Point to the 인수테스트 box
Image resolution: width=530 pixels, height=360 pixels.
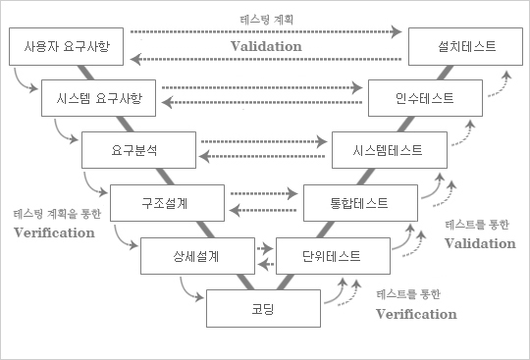(x=425, y=98)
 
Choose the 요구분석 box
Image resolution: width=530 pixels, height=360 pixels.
(x=134, y=151)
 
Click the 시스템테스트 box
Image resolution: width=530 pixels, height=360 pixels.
(x=391, y=151)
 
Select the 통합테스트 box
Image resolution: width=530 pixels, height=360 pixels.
(x=359, y=203)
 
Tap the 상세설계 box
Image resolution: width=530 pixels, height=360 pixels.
(x=193, y=256)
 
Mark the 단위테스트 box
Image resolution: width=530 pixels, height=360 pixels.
(x=331, y=256)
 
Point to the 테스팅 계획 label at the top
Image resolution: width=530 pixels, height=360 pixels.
(x=266, y=19)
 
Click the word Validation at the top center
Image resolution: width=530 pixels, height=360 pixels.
(x=266, y=46)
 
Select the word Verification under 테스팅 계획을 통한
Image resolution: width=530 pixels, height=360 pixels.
(x=54, y=232)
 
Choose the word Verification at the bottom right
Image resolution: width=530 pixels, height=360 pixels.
(x=417, y=314)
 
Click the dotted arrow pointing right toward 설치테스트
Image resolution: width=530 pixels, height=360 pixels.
(x=266, y=32)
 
